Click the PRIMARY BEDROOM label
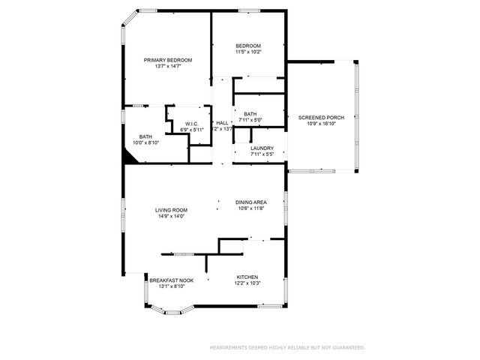(x=168, y=60)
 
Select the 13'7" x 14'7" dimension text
(x=168, y=67)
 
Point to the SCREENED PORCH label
(x=322, y=118)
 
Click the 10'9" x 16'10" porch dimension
(x=322, y=124)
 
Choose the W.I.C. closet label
(x=191, y=124)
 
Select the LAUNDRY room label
(x=262, y=148)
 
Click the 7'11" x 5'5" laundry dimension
(x=262, y=155)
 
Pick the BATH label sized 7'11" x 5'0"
(x=250, y=114)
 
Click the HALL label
(x=222, y=122)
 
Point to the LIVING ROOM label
(x=171, y=210)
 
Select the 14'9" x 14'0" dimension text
(x=171, y=217)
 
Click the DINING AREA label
(x=251, y=202)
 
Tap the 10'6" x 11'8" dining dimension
(x=251, y=208)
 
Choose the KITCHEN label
(x=247, y=276)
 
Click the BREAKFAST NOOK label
(x=171, y=280)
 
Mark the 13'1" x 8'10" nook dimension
(x=171, y=286)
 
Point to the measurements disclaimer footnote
(x=287, y=348)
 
